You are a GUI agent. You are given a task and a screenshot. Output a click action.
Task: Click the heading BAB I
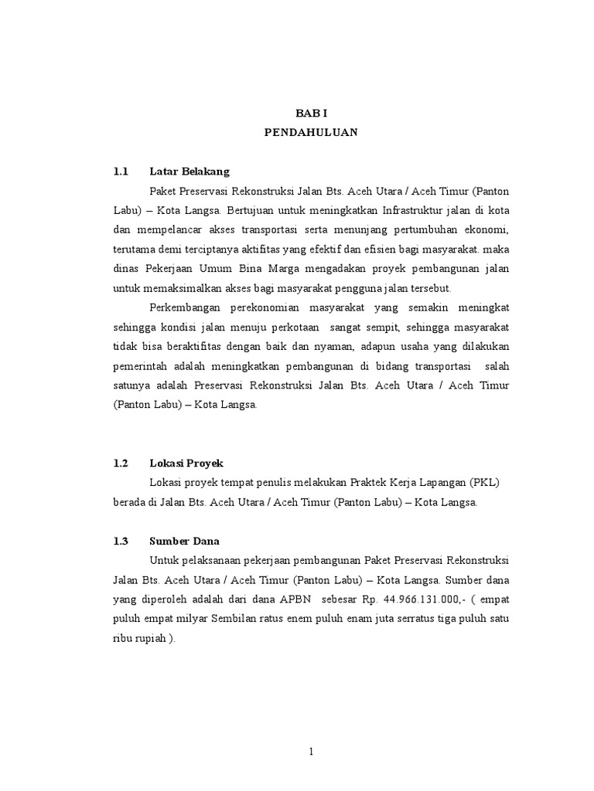[x=311, y=113]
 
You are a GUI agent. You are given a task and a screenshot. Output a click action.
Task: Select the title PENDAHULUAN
[x=311, y=132]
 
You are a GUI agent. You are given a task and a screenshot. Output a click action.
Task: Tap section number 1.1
[x=120, y=171]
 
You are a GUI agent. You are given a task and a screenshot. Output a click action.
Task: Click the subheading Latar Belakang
[x=189, y=171]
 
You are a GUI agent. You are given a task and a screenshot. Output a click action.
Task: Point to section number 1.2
[x=120, y=463]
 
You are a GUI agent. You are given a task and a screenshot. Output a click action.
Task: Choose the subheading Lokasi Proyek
[x=186, y=463]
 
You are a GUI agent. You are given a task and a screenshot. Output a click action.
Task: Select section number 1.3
[x=120, y=541]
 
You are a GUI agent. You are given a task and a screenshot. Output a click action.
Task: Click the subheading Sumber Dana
[x=184, y=541]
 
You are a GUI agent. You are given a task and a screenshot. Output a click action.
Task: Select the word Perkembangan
[x=186, y=307]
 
